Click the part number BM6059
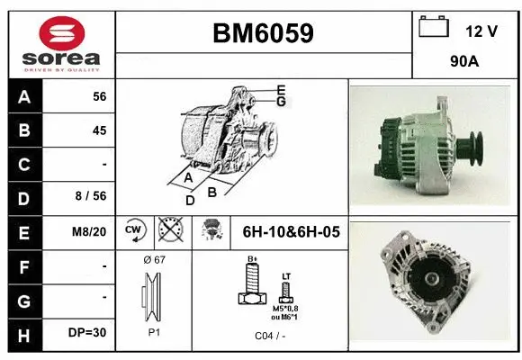click(x=263, y=34)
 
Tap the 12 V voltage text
click(x=481, y=31)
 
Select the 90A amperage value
click(x=463, y=63)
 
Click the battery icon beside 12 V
click(x=434, y=28)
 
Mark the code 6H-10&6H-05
click(x=291, y=231)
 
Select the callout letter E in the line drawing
click(x=281, y=89)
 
